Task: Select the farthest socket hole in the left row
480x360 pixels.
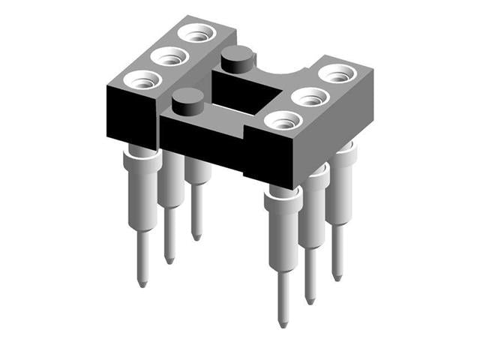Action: click(x=197, y=33)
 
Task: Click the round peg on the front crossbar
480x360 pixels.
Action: click(x=187, y=100)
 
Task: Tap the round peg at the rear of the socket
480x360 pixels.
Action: click(x=237, y=57)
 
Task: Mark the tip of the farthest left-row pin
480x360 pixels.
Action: click(x=196, y=237)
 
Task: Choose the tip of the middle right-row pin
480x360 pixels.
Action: click(x=310, y=301)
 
